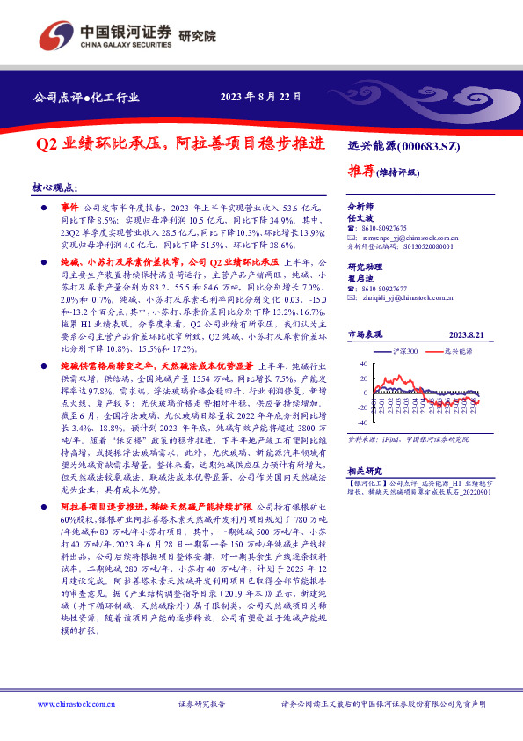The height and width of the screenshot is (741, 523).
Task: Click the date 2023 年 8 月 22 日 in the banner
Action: click(260, 98)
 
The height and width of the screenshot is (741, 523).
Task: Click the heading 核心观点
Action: click(54, 188)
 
